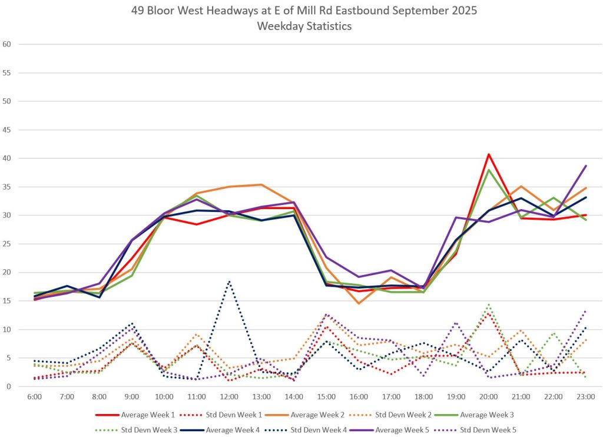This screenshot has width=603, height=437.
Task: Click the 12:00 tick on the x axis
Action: click(229, 396)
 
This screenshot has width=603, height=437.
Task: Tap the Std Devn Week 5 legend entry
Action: click(489, 430)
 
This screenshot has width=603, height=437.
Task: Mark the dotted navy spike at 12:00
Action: click(229, 282)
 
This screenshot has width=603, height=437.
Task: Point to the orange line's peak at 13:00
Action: click(261, 184)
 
